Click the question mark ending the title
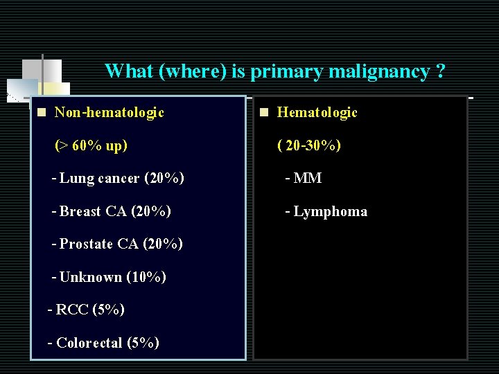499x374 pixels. click(x=441, y=71)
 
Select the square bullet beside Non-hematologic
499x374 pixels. click(x=42, y=112)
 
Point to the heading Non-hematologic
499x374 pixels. click(x=109, y=112)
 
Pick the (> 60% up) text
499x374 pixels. click(x=91, y=145)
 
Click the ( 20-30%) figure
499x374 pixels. click(x=309, y=145)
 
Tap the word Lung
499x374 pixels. click(x=77, y=179)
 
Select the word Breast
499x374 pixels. click(x=81, y=211)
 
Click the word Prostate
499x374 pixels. click(x=86, y=244)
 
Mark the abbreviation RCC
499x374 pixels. click(x=71, y=310)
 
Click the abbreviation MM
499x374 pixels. click(x=308, y=179)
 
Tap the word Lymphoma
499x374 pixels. click(x=331, y=211)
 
